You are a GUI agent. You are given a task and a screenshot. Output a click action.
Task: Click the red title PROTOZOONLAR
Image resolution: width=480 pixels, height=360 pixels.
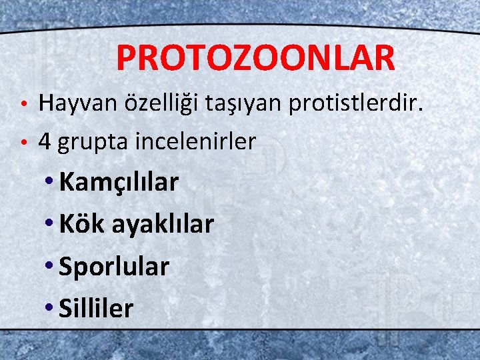(x=255, y=58)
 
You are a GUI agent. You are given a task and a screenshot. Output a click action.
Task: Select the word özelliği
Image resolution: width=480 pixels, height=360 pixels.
(x=151, y=104)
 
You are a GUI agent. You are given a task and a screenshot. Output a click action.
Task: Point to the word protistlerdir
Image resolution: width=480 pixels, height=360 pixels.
(x=347, y=103)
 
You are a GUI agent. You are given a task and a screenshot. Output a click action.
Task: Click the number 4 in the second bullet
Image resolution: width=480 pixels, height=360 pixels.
(x=45, y=141)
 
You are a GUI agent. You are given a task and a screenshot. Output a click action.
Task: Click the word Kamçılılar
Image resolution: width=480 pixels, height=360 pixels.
(x=119, y=183)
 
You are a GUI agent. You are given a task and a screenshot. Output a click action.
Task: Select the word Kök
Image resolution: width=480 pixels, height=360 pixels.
(x=73, y=224)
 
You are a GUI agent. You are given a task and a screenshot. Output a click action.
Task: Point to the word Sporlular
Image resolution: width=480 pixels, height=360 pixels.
(x=114, y=267)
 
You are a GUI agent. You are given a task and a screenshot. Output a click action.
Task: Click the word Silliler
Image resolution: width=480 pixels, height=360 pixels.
(x=96, y=308)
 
